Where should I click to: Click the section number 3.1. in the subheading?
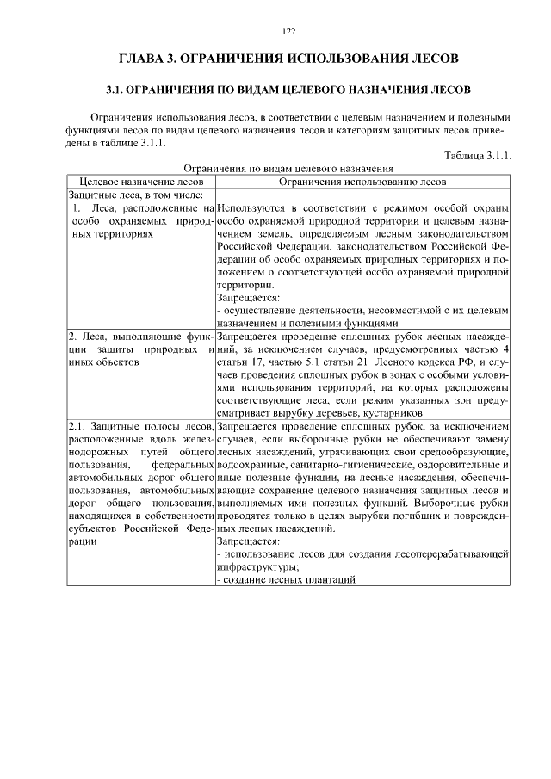[x=116, y=90]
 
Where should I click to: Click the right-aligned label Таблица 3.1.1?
[x=478, y=156]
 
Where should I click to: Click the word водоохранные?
[x=249, y=465]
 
